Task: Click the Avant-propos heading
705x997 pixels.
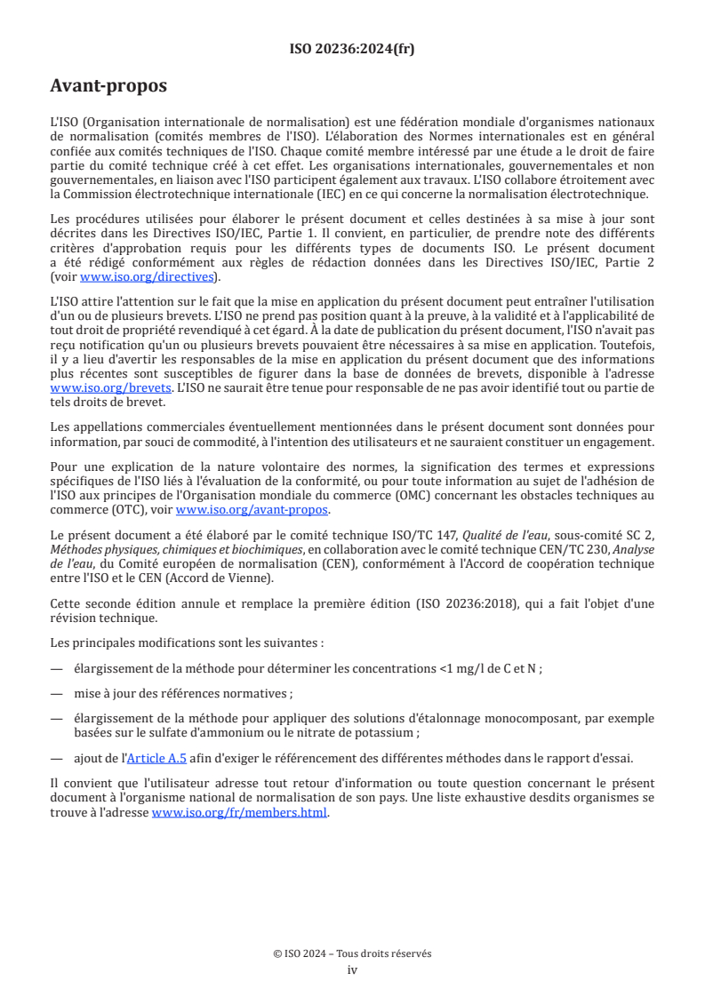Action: click(108, 86)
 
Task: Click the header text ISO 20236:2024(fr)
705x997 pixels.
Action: click(352, 49)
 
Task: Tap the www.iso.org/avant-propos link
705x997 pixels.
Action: click(252, 509)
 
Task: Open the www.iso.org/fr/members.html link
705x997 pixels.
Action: click(239, 811)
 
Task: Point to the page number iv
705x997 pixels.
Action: click(352, 969)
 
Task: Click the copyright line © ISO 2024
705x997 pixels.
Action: click(352, 953)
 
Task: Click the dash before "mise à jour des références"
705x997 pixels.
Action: click(57, 693)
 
